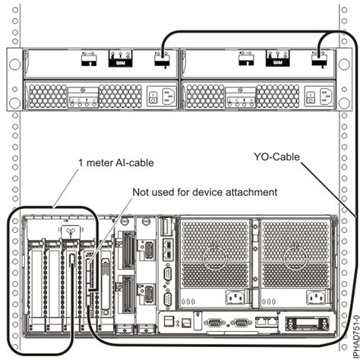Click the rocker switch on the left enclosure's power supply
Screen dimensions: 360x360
click(x=151, y=96)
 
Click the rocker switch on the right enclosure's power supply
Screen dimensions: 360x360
click(x=307, y=96)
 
